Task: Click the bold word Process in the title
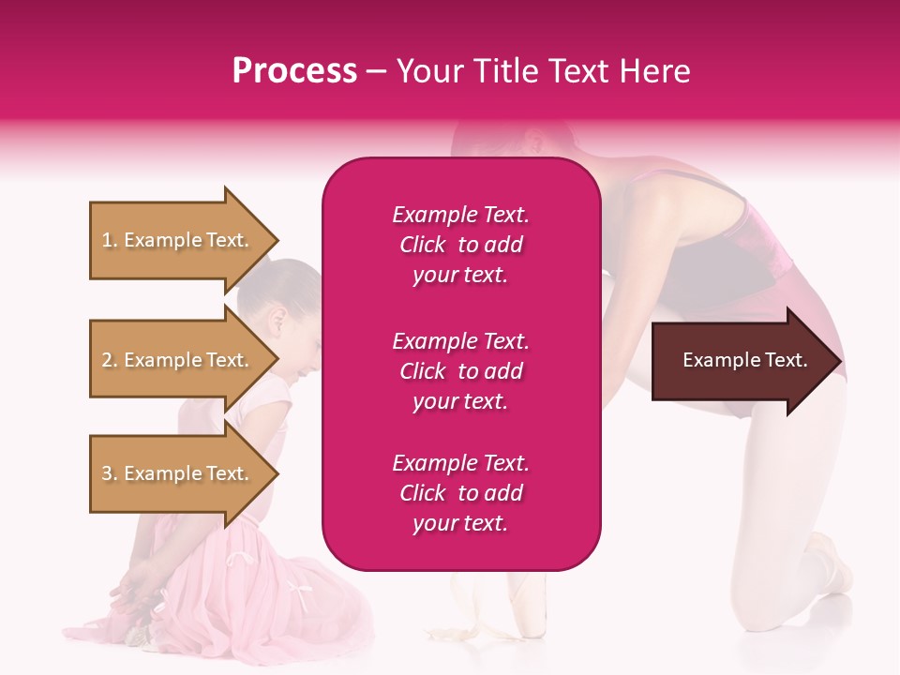(294, 71)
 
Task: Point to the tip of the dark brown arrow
(839, 361)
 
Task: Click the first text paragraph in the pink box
(460, 245)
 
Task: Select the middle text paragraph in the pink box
(460, 371)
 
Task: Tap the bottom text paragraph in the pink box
(460, 493)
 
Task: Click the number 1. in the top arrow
(111, 240)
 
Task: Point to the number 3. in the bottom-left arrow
(111, 473)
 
